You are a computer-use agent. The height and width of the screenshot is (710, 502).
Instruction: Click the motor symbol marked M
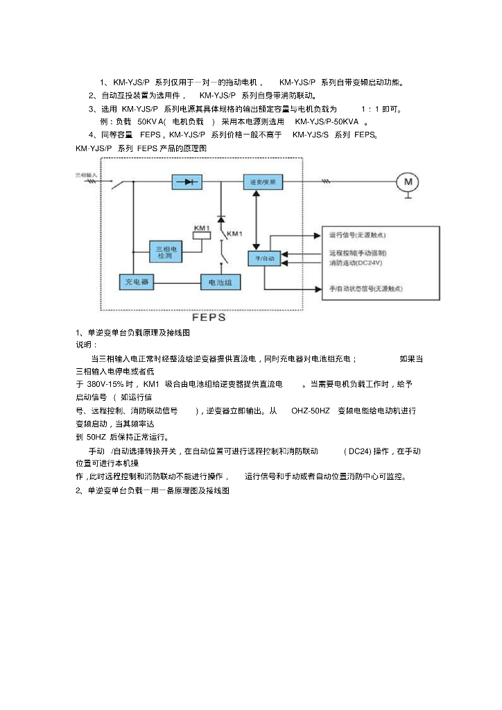pos(408,182)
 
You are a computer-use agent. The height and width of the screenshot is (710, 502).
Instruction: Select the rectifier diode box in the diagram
pos(187,182)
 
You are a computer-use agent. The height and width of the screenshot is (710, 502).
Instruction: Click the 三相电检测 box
pos(165,252)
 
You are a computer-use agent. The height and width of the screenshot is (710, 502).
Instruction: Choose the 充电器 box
pos(136,282)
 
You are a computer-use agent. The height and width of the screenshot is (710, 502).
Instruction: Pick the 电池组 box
pos(220,282)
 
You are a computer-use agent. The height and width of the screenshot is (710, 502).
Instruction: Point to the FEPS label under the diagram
pos(208,318)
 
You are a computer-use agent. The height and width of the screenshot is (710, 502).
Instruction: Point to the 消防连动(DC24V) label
pos(356,263)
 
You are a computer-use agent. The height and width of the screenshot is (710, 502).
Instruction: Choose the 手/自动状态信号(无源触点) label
pos(365,288)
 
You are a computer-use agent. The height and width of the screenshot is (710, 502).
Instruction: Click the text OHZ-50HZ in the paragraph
pos(311,411)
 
